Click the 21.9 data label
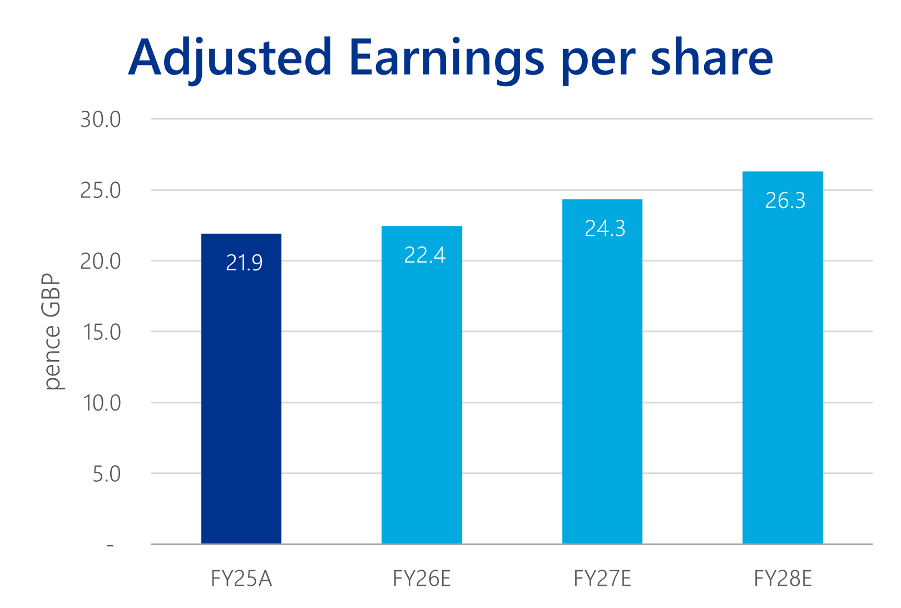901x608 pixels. coord(244,263)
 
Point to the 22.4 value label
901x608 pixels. coord(424,255)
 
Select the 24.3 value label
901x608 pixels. coord(605,228)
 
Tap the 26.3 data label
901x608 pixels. coord(785,200)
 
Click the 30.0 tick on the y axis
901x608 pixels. coord(101,120)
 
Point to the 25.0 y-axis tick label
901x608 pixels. coord(101,191)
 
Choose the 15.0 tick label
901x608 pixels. coord(102,332)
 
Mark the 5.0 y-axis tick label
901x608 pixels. coord(106,474)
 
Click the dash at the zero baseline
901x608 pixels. coord(110,546)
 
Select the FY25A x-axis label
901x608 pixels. coord(241,579)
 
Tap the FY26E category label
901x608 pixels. coord(422,579)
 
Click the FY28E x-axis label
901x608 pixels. coord(783,579)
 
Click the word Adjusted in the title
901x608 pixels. coord(230,58)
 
